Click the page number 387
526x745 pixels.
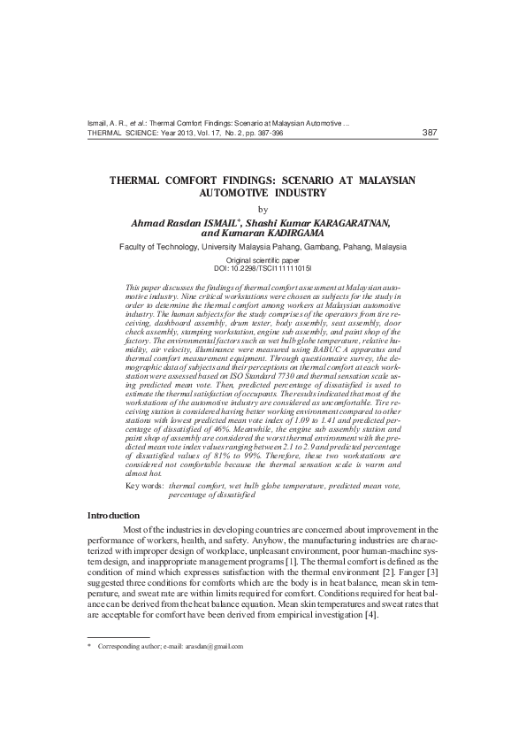pyautogui.click(x=431, y=133)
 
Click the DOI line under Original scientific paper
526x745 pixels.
pyautogui.click(x=263, y=266)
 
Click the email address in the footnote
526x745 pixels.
pyautogui.click(x=213, y=647)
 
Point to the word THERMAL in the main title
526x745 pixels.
pyautogui.click(x=140, y=180)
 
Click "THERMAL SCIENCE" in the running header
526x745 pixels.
pyautogui.click(x=122, y=134)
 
